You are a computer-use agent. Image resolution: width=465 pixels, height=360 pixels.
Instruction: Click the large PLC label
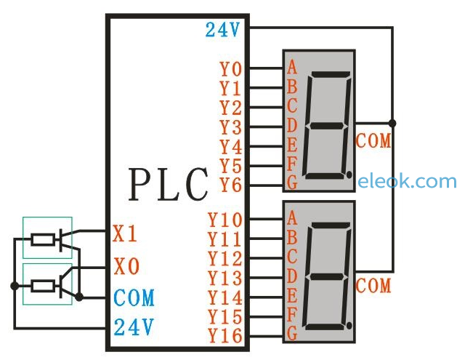168,185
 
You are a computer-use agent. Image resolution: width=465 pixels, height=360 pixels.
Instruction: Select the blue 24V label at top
222,30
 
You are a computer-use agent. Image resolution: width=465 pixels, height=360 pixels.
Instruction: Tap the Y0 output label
231,69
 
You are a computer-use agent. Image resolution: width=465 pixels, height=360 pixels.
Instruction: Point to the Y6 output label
231,185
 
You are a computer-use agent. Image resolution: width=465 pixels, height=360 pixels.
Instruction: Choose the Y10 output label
225,220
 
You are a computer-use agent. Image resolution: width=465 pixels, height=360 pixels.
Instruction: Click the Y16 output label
225,336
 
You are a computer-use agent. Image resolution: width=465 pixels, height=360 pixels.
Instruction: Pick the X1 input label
125,233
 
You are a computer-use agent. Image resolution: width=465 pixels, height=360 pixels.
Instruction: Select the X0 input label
126,266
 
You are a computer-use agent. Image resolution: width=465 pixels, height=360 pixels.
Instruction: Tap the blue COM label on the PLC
134,297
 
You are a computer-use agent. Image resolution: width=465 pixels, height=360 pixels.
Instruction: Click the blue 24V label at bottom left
134,327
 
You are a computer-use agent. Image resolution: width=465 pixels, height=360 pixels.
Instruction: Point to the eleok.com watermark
407,181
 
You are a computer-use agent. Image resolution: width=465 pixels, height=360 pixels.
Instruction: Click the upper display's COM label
373,140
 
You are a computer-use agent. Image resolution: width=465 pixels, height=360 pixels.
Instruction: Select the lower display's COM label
373,285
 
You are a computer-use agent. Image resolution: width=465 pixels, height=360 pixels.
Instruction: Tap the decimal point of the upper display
349,175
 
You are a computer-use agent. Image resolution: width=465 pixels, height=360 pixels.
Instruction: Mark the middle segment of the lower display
327,276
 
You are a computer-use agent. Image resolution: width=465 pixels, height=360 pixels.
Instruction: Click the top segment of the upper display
331,74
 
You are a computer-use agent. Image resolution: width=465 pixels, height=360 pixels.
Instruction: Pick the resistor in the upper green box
43,240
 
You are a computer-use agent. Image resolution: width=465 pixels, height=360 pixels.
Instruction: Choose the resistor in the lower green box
43,286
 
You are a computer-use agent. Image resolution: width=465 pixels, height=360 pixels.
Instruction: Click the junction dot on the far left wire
15,286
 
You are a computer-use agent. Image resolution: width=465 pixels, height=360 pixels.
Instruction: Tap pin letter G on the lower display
292,333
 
